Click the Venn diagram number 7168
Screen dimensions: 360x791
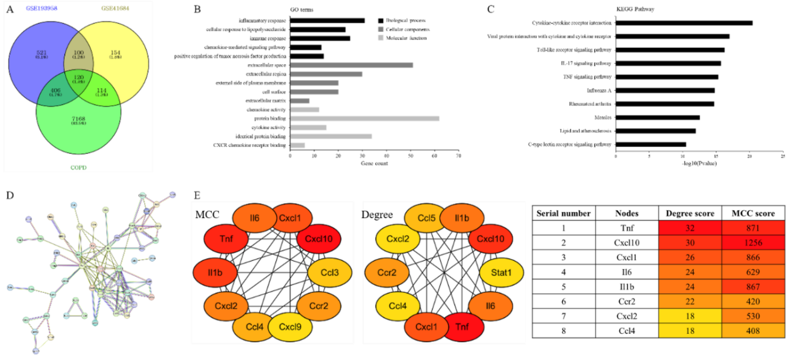tap(78, 119)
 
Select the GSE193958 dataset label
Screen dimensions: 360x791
tap(41, 8)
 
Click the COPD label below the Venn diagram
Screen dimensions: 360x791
tap(78, 167)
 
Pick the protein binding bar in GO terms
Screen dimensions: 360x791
tap(365, 118)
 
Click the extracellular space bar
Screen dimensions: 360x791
tap(351, 65)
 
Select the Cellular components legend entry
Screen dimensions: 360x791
tap(407, 29)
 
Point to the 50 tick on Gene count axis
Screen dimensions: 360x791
tap(411, 156)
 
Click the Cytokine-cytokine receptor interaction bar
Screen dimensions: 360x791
tap(684, 23)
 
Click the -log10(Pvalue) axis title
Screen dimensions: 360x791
tap(699, 163)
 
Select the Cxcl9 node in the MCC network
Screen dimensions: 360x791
tap(290, 327)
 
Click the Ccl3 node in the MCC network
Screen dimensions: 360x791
tap(329, 273)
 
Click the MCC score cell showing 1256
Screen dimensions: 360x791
tap(753, 243)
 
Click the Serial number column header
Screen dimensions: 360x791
tap(563, 214)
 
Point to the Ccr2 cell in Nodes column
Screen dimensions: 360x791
tap(627, 302)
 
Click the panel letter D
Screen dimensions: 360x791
tap(10, 196)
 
